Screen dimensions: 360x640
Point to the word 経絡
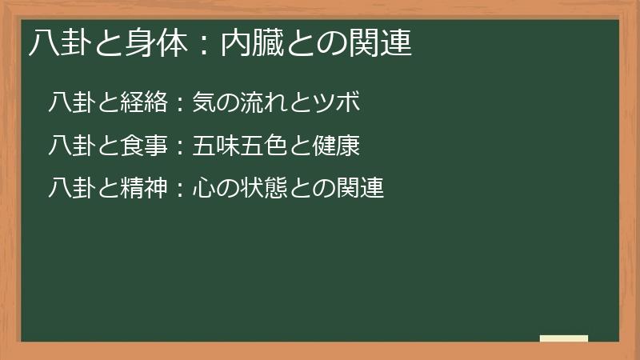[144, 103]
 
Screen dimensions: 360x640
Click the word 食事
[144, 146]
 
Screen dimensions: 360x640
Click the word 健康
[337, 146]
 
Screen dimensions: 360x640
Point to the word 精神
[144, 190]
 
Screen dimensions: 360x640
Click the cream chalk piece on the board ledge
[563, 338]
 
